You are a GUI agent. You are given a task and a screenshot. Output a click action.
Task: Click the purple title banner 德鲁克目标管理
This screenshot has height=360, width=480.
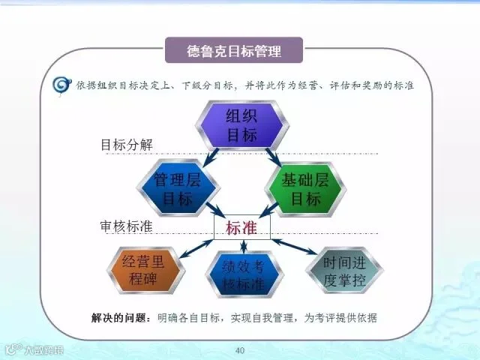[x=234, y=50]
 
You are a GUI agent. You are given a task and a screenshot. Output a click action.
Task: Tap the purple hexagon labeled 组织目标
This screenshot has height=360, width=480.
[x=241, y=125]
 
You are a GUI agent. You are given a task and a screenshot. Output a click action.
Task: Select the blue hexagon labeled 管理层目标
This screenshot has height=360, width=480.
[x=178, y=188]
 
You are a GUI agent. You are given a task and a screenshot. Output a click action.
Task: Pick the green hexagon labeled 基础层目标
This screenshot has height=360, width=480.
[x=305, y=189]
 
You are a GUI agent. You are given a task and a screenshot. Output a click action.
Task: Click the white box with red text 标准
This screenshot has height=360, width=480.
[x=241, y=227]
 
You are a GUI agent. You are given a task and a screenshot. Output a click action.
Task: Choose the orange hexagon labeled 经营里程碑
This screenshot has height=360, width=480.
[x=145, y=270]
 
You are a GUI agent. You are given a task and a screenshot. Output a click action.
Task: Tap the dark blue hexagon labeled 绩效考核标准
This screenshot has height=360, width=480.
[x=244, y=274]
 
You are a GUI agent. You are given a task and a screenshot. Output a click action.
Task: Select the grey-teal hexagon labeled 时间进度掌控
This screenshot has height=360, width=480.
[x=344, y=271]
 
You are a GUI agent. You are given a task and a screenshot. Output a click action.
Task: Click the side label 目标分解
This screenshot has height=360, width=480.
[x=127, y=145]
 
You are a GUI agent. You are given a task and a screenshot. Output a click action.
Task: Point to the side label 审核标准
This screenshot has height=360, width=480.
[x=126, y=226]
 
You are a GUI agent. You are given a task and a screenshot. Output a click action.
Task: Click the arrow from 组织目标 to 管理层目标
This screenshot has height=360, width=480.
[x=211, y=157]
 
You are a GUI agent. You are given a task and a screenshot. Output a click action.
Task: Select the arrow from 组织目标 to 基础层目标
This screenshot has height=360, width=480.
[x=273, y=157]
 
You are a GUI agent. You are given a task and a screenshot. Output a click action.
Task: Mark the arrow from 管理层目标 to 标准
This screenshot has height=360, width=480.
[x=216, y=210]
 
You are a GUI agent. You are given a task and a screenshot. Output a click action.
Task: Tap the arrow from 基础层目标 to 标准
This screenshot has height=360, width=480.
[x=268, y=210]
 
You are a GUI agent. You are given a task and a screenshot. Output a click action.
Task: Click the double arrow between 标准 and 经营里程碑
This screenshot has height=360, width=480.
[x=196, y=248]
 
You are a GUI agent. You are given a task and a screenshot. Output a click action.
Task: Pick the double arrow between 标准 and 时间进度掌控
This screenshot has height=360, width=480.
[x=295, y=247]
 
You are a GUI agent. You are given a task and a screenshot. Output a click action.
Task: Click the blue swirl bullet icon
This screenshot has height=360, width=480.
[x=61, y=85]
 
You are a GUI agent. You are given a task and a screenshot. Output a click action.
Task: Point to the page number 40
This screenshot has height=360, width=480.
[x=240, y=350]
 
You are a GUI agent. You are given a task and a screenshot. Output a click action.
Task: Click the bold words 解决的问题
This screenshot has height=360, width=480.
[x=118, y=318]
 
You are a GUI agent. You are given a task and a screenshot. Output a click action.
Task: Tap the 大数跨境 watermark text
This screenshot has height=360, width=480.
[x=44, y=350]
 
